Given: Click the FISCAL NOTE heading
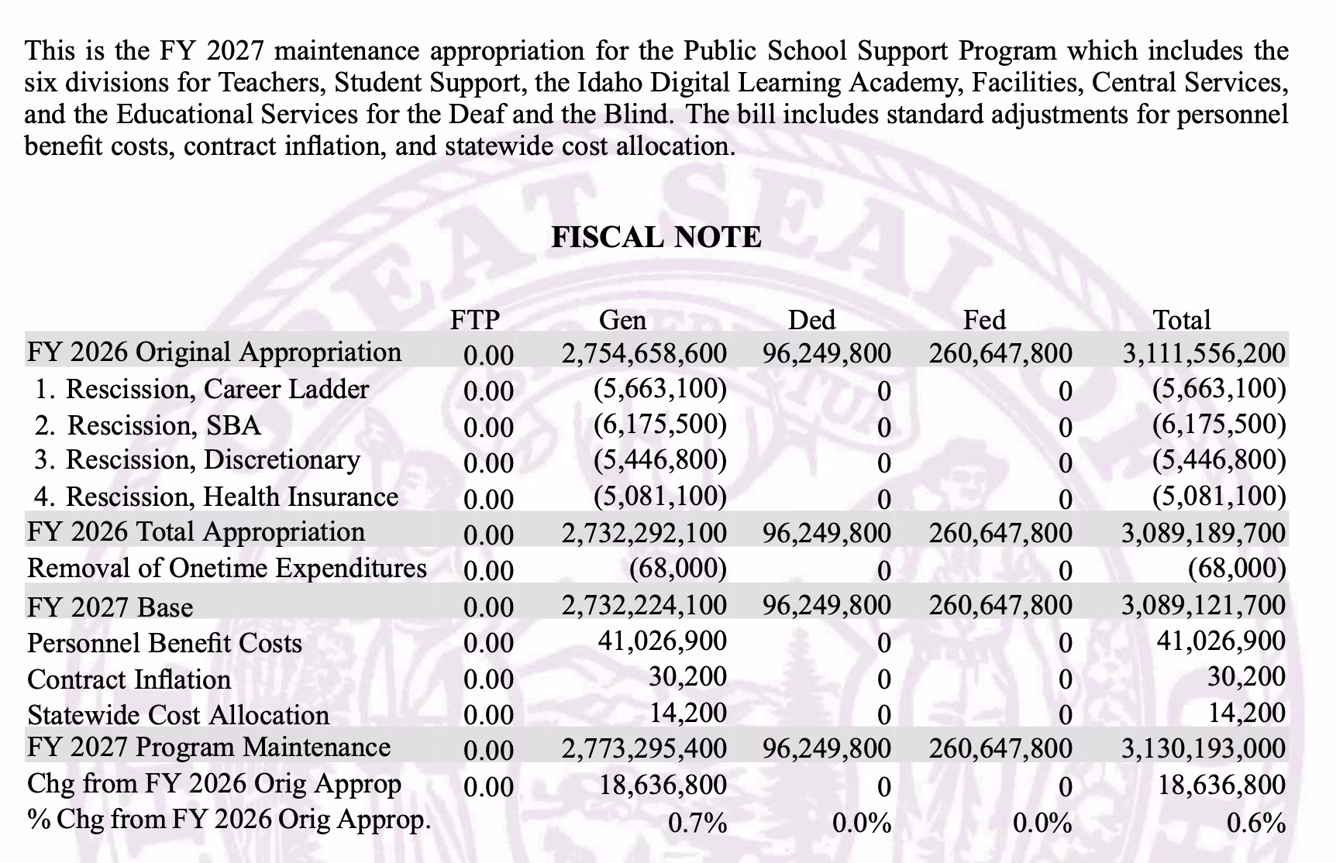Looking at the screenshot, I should coord(656,237).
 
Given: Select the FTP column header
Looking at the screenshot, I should coord(475,320).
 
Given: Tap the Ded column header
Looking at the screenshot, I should coord(811,320).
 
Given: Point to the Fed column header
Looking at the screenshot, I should coord(984,320).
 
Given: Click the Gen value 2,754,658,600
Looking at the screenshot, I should coord(644,353).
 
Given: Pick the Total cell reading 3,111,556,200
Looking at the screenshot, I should coord(1204,353).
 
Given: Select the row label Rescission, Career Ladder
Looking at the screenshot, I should coord(202,389).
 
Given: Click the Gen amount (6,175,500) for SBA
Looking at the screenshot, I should coord(660,425).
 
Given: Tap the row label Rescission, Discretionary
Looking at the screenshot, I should coord(198,460).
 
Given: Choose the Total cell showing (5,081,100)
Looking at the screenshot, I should coord(1219,496).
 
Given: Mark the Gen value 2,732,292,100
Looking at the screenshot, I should coord(644,532).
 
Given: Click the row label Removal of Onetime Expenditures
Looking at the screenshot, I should coord(227,569).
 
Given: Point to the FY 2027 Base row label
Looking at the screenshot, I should coord(110,607).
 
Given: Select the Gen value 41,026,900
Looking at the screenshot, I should coord(663,641).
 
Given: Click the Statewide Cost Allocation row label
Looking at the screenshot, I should coord(178,715).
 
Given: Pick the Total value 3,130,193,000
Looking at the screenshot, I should coord(1204,748).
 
